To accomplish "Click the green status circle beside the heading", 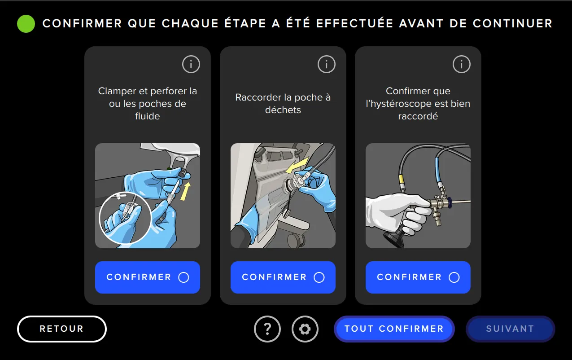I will point(26,24).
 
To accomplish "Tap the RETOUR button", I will point(62,329).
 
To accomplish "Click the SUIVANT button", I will point(510,329).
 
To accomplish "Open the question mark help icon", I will point(267,329).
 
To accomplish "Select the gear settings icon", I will point(305,329).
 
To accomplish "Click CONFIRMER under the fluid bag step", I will point(147,277).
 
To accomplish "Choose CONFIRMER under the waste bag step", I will point(283,277).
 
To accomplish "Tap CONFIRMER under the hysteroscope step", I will point(418,277).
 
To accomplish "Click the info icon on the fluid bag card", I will point(191,65).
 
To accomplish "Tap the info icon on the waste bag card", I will point(326,65).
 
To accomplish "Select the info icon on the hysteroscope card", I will point(461,65).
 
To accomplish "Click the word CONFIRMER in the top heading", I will point(82,24).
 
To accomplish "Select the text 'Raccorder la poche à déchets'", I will point(283,104).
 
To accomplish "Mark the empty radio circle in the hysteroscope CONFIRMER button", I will point(454,277).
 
